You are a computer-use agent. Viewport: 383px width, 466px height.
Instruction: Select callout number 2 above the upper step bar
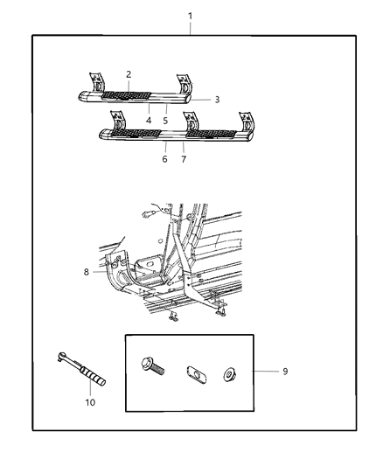click(128, 75)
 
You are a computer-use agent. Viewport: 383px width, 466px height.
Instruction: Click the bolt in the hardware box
click(165, 371)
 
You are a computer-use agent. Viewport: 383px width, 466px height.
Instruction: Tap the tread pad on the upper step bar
click(126, 94)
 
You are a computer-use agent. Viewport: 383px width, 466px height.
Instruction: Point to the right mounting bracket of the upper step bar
click(184, 84)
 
